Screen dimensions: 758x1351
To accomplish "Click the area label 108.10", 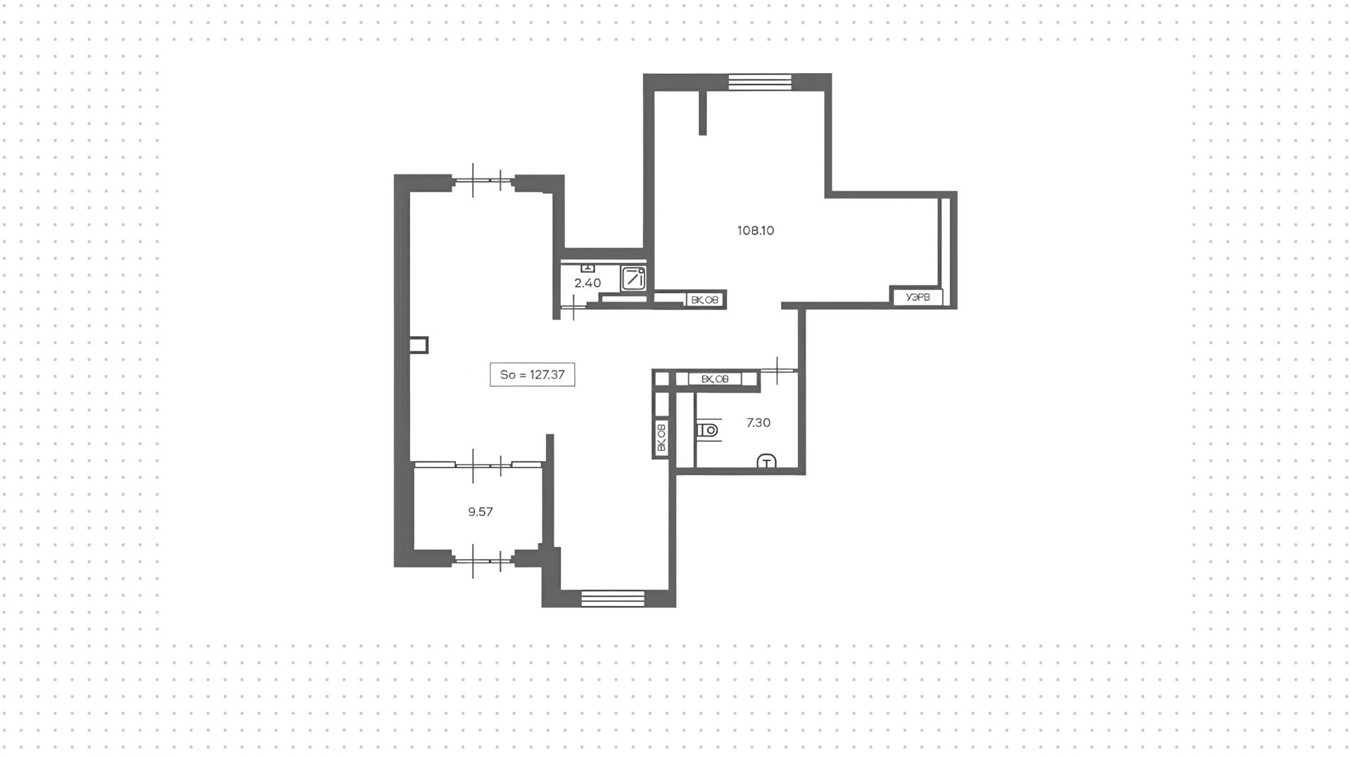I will [755, 231].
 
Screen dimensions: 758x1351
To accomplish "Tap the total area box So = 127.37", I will [532, 375].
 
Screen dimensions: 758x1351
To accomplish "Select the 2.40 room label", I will [588, 283].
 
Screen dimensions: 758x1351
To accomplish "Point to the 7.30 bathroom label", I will [758, 423].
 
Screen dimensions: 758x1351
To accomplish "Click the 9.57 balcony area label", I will [480, 512].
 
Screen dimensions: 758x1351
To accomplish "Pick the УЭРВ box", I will [918, 297].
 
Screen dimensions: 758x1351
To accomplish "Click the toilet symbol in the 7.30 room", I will [708, 430].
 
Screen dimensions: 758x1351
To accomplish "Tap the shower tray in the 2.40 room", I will [633, 278].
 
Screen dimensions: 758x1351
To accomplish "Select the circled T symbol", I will [766, 462].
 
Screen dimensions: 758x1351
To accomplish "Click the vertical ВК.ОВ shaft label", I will [661, 437].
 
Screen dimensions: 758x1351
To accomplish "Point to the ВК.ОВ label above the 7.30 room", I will [715, 380].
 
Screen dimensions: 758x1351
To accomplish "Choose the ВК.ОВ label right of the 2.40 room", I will [705, 300].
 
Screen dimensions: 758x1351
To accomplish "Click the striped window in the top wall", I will [760, 83].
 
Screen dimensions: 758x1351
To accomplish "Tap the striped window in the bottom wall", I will [613, 598].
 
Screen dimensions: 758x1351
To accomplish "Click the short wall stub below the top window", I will [702, 113].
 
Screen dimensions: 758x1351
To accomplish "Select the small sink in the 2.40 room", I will [588, 268].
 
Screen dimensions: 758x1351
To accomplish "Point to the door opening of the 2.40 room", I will [574, 307].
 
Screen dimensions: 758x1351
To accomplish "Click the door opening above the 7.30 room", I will [778, 370].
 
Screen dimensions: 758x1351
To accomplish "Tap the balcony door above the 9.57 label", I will [486, 464].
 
